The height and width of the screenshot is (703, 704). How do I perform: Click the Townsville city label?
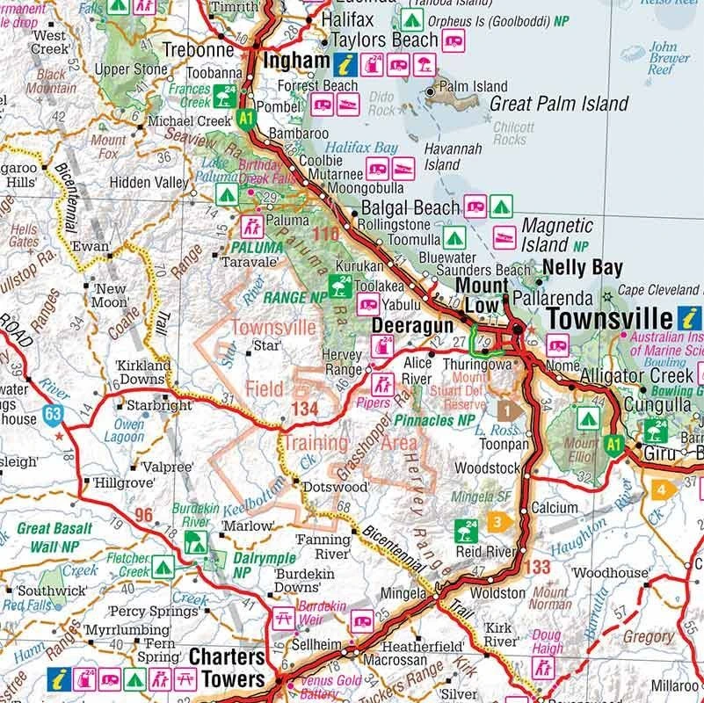611,320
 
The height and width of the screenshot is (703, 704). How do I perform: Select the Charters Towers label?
226,670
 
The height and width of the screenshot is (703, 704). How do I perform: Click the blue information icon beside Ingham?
345,62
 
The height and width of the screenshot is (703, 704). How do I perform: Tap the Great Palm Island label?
559,104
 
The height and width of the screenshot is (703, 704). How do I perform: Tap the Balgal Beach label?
410,208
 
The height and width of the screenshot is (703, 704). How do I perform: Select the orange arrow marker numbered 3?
497,522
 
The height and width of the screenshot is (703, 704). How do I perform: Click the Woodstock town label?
485,468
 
